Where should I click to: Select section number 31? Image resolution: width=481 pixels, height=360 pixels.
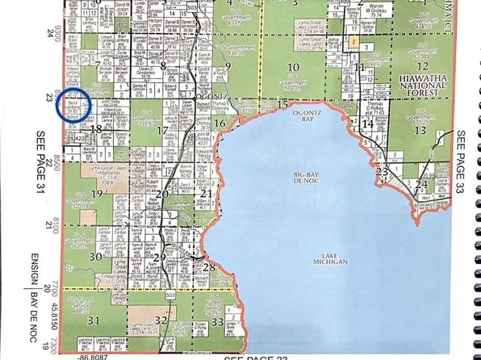pos(94,321)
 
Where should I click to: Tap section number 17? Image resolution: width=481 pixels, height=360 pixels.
pos(162,130)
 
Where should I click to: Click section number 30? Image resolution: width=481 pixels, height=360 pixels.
pos(96,257)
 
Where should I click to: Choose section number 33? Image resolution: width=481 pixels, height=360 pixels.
pos(216,322)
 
